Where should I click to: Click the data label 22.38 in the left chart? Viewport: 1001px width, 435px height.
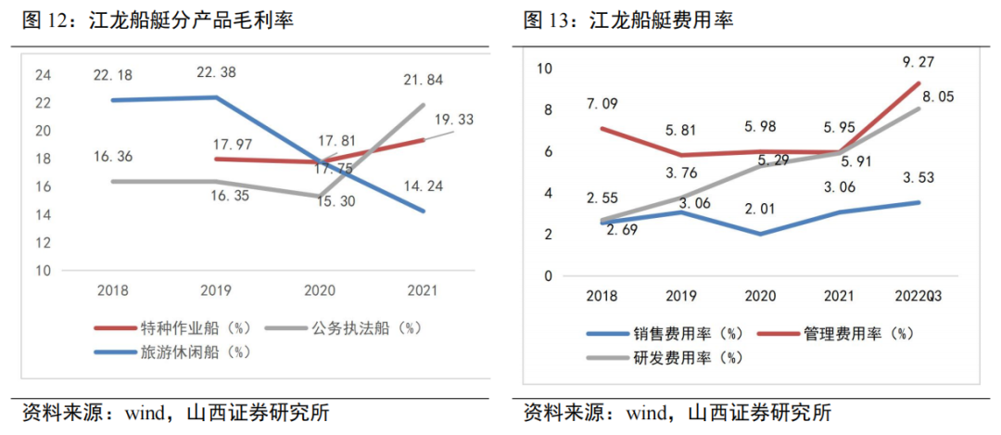click(x=213, y=72)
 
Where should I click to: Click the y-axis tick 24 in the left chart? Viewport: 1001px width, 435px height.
click(x=44, y=75)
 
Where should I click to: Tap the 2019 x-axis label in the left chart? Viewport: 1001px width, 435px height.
click(x=215, y=290)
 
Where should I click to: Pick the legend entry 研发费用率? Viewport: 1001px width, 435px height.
click(x=675, y=356)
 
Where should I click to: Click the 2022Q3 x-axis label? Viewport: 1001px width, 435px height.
click(x=918, y=296)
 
